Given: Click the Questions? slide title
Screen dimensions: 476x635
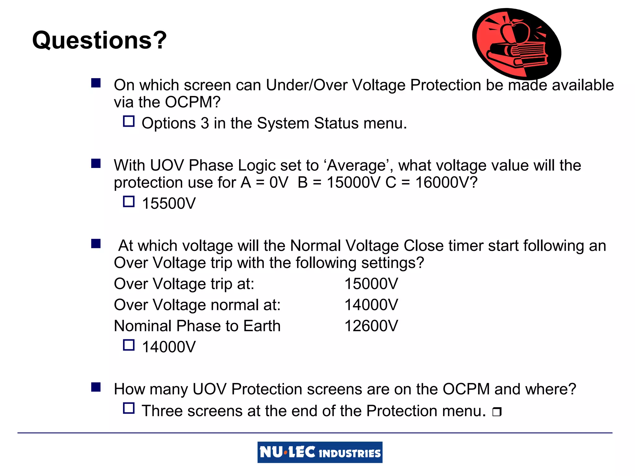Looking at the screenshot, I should pyautogui.click(x=99, y=40).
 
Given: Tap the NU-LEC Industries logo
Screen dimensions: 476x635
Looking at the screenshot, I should pyautogui.click(x=320, y=452).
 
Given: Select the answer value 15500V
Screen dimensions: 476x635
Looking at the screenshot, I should pyautogui.click(x=169, y=204).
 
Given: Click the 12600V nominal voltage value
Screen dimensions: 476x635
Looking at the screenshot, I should pyautogui.click(x=371, y=326).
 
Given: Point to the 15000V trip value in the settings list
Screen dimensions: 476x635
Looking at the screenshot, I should pyautogui.click(x=371, y=284).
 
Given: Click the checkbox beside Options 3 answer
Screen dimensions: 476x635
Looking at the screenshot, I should pyautogui.click(x=129, y=121).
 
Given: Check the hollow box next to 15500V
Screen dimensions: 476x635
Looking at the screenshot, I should pyautogui.click(x=129, y=202).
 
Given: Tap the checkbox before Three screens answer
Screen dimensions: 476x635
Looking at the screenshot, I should pyautogui.click(x=129, y=408).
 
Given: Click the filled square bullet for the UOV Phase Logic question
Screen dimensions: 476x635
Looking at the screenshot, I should pyautogui.click(x=96, y=163).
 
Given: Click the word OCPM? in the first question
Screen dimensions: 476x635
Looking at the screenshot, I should pyautogui.click(x=193, y=102).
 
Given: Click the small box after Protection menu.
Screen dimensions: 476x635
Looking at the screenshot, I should pyautogui.click(x=497, y=412).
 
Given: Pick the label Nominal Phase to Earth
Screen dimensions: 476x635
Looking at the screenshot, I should pyautogui.click(x=197, y=326).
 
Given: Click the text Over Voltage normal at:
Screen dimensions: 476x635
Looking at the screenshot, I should pyautogui.click(x=197, y=305).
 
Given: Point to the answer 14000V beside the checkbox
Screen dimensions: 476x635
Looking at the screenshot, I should pyautogui.click(x=169, y=347).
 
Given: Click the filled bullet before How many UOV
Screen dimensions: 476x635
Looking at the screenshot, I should pyautogui.click(x=96, y=387).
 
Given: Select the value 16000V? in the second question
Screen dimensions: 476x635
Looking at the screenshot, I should pyautogui.click(x=446, y=183).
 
